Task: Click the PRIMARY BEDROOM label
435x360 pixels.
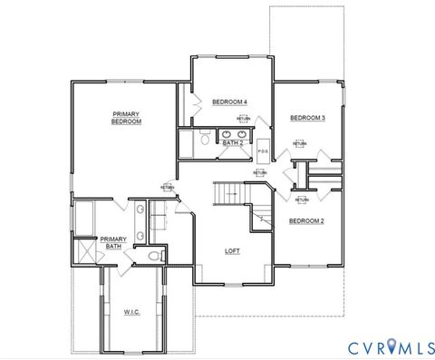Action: click(x=126, y=117)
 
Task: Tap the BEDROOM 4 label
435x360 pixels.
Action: click(x=230, y=101)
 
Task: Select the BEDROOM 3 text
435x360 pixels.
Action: click(x=307, y=118)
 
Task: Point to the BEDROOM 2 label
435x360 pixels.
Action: click(x=306, y=220)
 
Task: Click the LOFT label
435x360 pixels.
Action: click(x=232, y=251)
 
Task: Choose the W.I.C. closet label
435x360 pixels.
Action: click(x=132, y=311)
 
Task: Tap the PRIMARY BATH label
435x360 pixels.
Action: click(x=113, y=242)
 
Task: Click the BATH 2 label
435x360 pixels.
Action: click(x=232, y=142)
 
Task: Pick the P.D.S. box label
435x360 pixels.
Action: click(x=263, y=151)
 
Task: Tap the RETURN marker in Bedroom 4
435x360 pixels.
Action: click(x=243, y=119)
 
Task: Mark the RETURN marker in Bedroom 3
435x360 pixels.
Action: click(x=299, y=143)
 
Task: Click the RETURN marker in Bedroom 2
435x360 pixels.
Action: click(x=301, y=200)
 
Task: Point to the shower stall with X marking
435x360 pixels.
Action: click(x=85, y=249)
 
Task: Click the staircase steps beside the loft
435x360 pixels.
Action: click(x=227, y=193)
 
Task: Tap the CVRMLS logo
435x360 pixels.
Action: click(x=390, y=345)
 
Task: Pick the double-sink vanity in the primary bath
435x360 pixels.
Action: click(x=140, y=223)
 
